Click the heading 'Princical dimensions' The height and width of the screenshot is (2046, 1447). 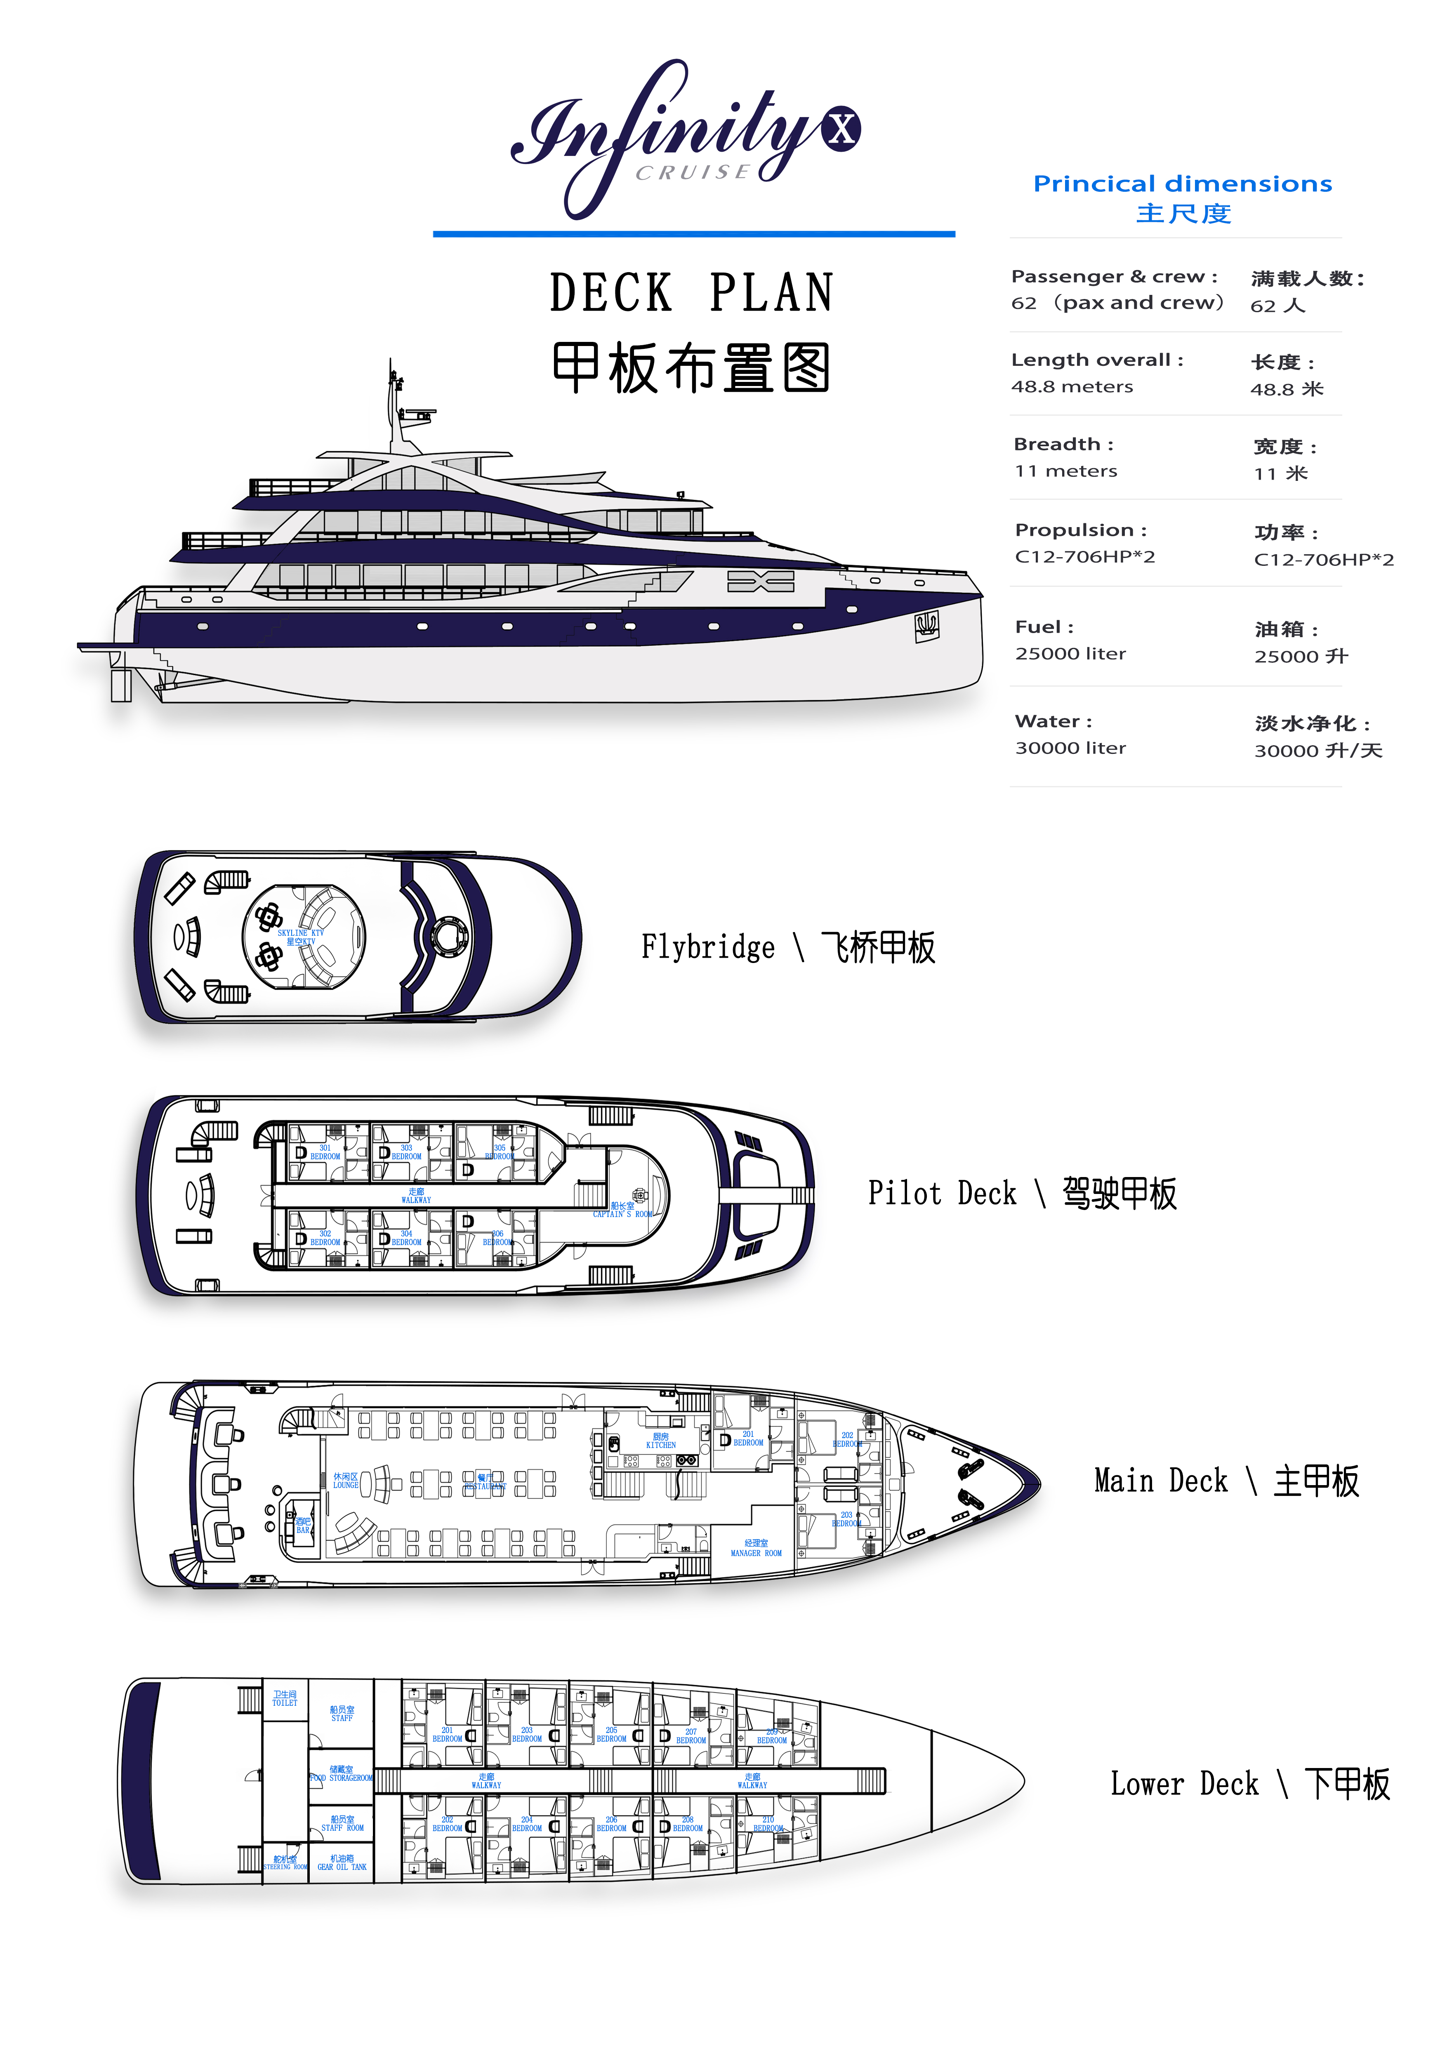click(1182, 184)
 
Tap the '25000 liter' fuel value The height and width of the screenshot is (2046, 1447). click(1070, 653)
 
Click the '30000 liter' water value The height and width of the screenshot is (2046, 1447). click(1070, 748)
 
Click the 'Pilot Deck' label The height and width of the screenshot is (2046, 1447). click(942, 1193)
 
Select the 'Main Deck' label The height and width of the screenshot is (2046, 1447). click(1160, 1481)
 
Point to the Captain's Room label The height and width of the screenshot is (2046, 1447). click(623, 1209)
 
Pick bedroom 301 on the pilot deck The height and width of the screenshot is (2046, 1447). click(325, 1152)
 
